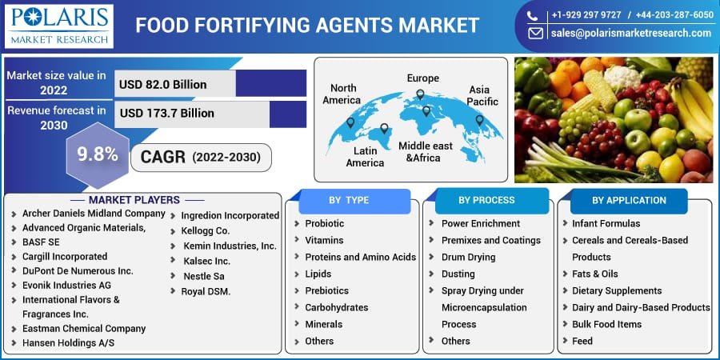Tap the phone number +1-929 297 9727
click(x=586, y=14)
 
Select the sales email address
click(x=630, y=34)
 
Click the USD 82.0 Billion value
click(x=163, y=84)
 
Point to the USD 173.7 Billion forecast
click(x=167, y=113)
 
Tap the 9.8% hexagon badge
click(x=97, y=154)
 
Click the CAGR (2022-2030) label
click(x=200, y=157)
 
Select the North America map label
click(x=341, y=94)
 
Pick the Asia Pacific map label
click(x=483, y=95)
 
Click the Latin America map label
click(x=365, y=156)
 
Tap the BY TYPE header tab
click(x=349, y=200)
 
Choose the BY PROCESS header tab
click(x=486, y=200)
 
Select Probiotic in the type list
click(x=324, y=223)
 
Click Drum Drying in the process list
click(x=468, y=257)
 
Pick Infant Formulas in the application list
click(x=606, y=223)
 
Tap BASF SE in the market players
click(x=41, y=242)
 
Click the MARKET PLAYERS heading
click(x=134, y=200)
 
